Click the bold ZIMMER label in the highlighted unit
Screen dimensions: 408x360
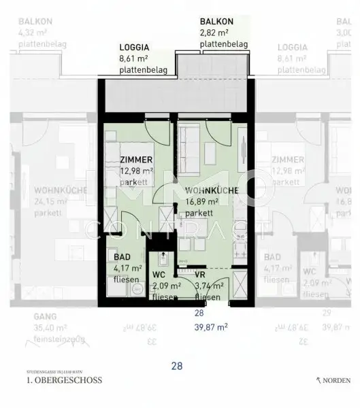coord(135,160)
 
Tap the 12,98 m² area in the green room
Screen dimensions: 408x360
coord(137,171)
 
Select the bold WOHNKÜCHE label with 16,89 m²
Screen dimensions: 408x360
coord(211,191)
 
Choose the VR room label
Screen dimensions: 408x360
coord(200,274)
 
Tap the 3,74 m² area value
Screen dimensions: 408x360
coord(206,286)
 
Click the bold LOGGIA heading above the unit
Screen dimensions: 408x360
coord(134,48)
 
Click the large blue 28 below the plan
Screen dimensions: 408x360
coord(177,366)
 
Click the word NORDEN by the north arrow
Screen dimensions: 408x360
coord(338,380)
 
